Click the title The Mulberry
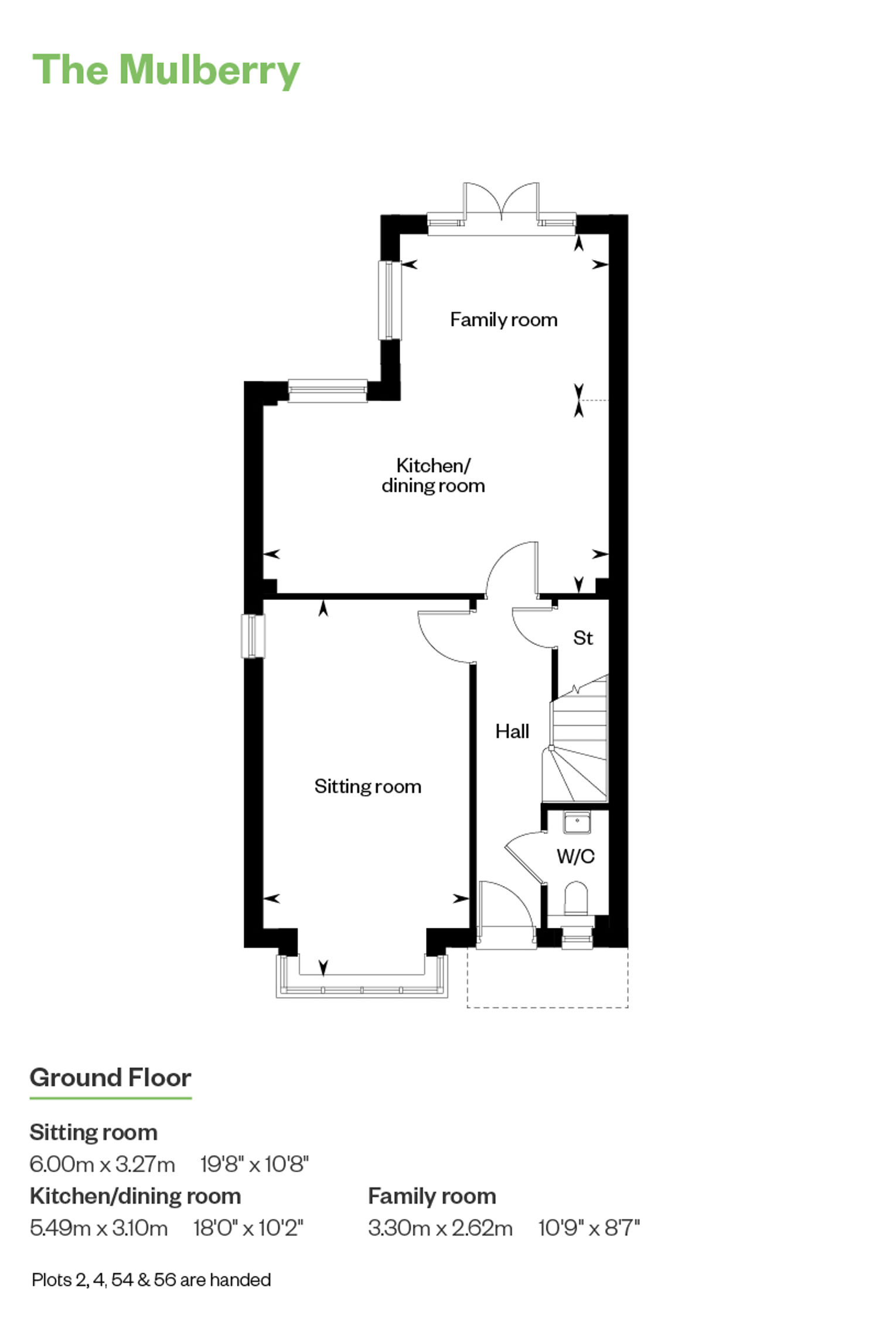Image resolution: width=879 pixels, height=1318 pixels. pyautogui.click(x=166, y=71)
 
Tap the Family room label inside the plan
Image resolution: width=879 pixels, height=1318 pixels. pyautogui.click(x=503, y=320)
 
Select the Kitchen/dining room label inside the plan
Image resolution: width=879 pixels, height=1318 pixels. pyautogui.click(x=433, y=475)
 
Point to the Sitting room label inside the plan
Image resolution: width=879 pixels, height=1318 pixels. pyautogui.click(x=367, y=786)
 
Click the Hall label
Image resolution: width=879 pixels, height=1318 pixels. pyautogui.click(x=512, y=731)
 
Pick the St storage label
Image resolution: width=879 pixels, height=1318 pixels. pyautogui.click(x=583, y=637)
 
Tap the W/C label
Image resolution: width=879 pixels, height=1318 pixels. pyautogui.click(x=575, y=856)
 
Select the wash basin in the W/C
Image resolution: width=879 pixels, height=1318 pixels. pyautogui.click(x=577, y=822)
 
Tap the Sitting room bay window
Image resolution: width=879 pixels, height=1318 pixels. pyautogui.click(x=362, y=976)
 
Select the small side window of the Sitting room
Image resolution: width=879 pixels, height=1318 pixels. pyautogui.click(x=253, y=636)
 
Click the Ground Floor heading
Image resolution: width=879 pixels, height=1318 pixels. pyautogui.click(x=110, y=1078)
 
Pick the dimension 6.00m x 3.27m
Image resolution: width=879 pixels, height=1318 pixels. pyautogui.click(x=102, y=1164)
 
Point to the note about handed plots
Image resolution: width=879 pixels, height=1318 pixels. pyautogui.click(x=151, y=1280)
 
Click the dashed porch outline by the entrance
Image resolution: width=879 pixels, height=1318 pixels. pyautogui.click(x=547, y=1008)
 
